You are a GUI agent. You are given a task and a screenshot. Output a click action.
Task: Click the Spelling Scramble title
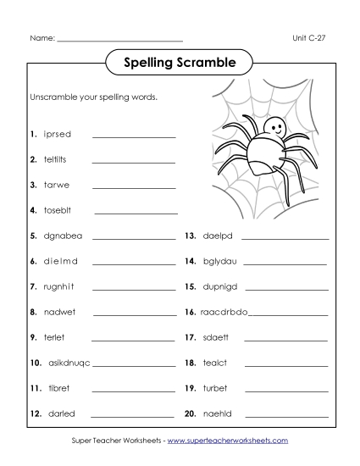180,62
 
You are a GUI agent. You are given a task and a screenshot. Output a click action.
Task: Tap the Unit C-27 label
308,39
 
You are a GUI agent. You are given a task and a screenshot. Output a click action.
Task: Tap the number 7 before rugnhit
31,286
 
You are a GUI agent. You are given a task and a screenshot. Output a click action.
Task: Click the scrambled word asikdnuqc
66,363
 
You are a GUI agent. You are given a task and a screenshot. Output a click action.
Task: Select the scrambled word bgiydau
223,261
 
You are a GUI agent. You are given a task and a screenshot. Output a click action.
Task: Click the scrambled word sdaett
219,337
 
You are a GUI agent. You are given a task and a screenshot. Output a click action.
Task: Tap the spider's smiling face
273,128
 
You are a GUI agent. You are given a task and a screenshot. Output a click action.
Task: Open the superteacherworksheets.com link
228,441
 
